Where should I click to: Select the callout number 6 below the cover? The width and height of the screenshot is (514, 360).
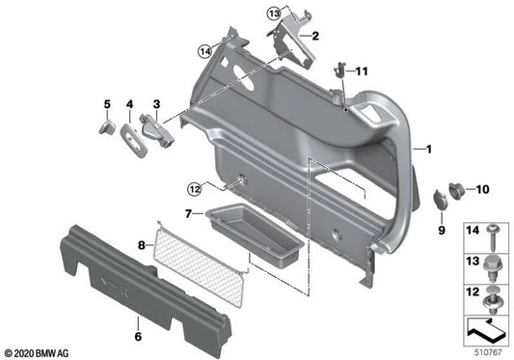pos(138,336)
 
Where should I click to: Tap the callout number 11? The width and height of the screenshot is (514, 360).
pos(364,72)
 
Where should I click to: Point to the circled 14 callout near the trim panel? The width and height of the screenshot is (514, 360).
pos(204,52)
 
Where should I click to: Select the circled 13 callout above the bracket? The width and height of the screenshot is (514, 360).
pos(274,14)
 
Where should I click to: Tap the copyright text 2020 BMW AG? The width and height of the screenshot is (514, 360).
pos(39,353)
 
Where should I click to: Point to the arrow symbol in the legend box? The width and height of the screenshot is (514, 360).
pos(485,331)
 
